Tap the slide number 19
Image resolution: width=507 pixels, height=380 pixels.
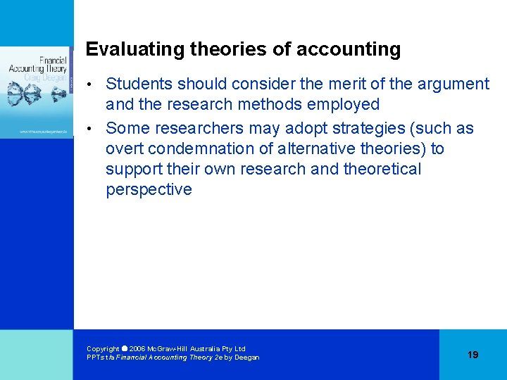472,355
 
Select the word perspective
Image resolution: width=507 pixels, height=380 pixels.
149,189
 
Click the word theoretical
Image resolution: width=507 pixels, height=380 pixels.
382,169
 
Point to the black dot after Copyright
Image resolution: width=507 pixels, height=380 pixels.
125,348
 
